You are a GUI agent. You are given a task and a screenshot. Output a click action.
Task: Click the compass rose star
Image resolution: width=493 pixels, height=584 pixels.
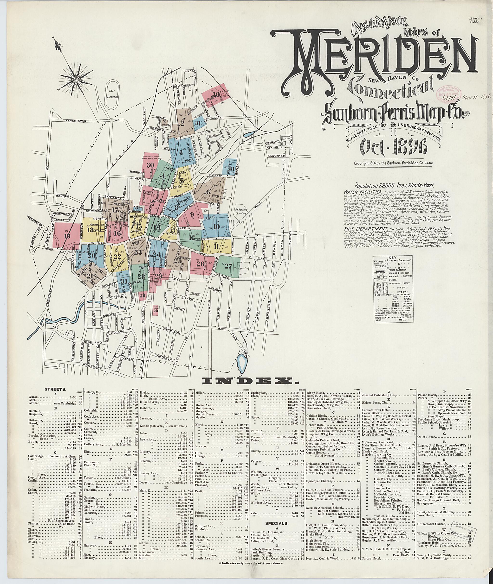click(x=76, y=80)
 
